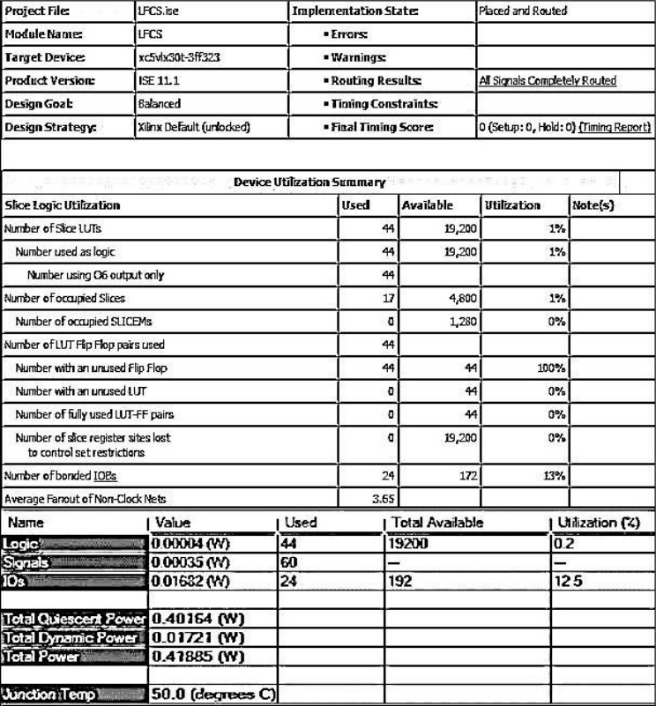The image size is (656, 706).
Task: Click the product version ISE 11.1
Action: click(x=154, y=80)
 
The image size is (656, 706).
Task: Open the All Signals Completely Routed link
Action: click(x=548, y=80)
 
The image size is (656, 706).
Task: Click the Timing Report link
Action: click(x=615, y=127)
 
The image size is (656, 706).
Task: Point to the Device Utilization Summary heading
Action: click(x=309, y=182)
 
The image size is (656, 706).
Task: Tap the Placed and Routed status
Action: click(x=523, y=11)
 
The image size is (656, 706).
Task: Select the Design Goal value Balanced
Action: click(x=160, y=103)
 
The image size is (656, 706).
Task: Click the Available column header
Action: click(x=428, y=205)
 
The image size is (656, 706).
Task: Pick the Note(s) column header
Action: click(x=593, y=205)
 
